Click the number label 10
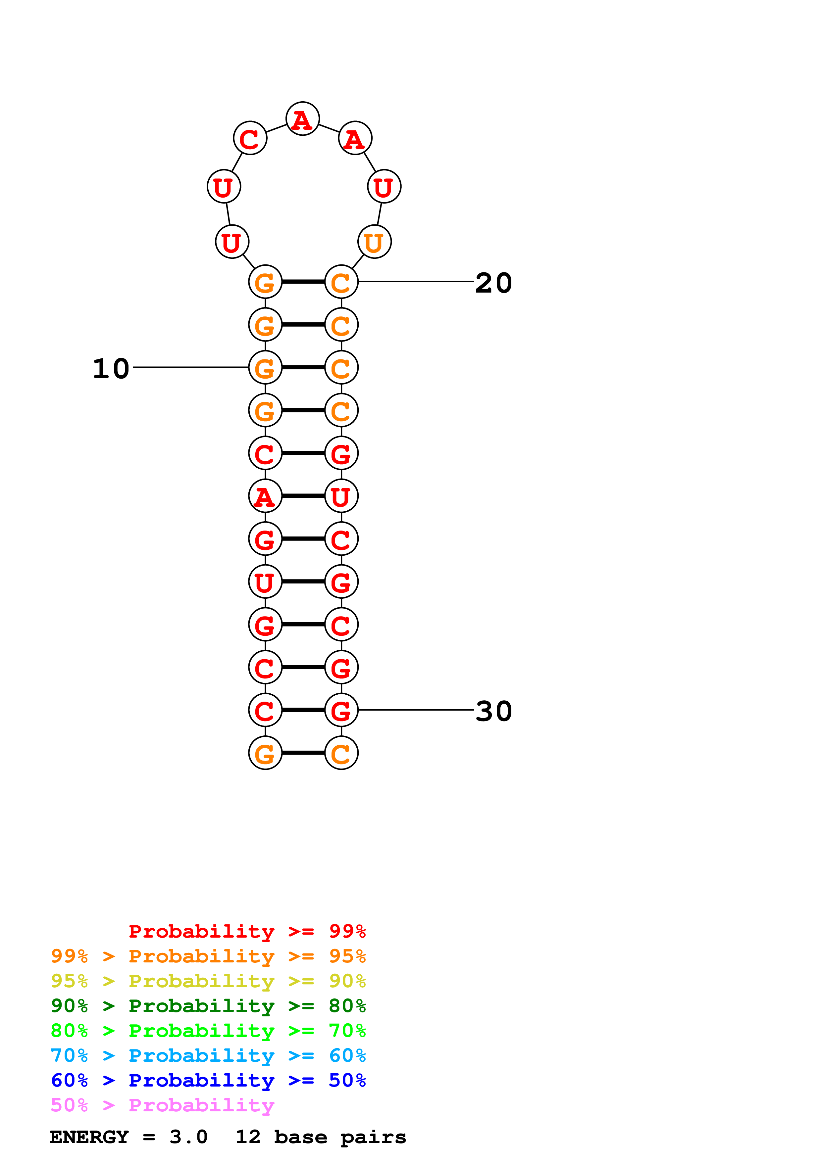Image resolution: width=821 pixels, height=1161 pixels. (111, 369)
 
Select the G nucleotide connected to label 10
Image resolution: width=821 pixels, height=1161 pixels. (265, 368)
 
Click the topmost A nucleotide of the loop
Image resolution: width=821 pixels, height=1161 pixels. (302, 119)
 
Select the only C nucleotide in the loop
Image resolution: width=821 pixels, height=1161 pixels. (250, 138)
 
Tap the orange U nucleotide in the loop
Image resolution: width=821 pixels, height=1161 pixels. (374, 242)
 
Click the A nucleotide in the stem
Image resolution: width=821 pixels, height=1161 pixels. (265, 496)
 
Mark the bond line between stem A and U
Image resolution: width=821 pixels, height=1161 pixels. (303, 496)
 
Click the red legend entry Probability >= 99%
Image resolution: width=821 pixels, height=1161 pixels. (247, 931)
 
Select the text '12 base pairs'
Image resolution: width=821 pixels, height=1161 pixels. (321, 1137)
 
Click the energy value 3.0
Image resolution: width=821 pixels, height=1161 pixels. (188, 1137)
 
